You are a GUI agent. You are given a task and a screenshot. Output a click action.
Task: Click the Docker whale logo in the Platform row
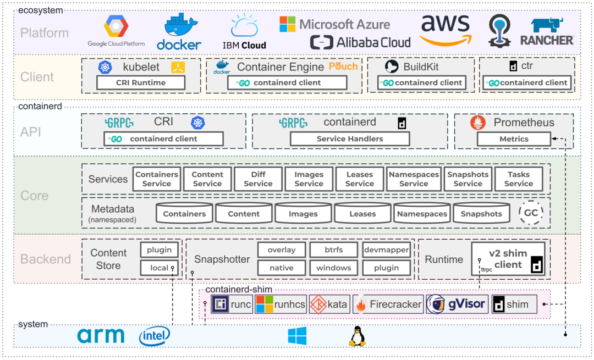(179, 32)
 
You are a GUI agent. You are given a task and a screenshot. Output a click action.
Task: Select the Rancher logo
(547, 32)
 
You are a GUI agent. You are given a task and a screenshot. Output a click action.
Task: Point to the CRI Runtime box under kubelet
(141, 82)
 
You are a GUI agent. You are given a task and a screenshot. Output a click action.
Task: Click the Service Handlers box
(350, 139)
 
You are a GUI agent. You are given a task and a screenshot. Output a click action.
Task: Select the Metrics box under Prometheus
(514, 139)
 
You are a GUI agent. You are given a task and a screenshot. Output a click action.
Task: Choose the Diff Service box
(258, 179)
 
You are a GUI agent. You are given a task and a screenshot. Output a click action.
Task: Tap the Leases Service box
(360, 179)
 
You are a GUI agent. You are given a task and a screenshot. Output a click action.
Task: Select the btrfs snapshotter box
(333, 250)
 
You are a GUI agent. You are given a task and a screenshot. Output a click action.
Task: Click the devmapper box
(386, 250)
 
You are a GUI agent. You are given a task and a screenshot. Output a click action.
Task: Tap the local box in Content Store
(160, 268)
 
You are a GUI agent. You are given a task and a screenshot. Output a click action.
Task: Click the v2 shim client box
(508, 259)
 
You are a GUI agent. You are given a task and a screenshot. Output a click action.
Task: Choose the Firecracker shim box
(388, 304)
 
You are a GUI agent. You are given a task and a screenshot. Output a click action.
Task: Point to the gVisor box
(457, 304)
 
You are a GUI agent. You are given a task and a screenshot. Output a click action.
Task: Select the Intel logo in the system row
(154, 336)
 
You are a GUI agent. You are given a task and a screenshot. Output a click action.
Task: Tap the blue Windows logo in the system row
(297, 336)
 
